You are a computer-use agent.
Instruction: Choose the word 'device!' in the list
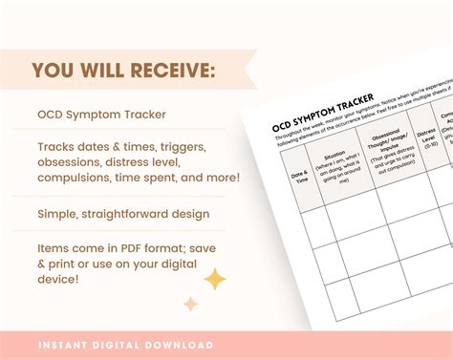62,280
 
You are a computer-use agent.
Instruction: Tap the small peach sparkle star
190,304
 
